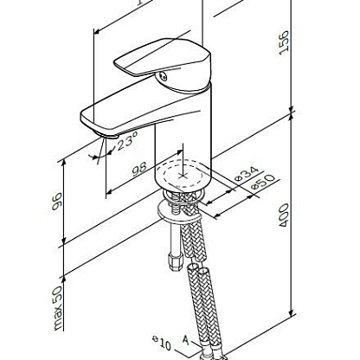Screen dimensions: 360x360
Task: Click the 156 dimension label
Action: (284, 42)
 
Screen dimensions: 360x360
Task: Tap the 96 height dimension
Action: (57, 201)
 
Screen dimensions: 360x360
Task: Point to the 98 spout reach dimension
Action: (139, 169)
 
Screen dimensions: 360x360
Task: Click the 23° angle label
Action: (127, 140)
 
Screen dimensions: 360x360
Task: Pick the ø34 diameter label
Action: (247, 174)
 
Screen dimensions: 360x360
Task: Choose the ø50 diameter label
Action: (263, 183)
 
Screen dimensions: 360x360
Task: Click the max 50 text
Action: (58, 308)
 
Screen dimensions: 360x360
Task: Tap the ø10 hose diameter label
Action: (162, 343)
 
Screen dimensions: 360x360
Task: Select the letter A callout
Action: (186, 340)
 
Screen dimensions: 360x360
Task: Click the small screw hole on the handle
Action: (164, 77)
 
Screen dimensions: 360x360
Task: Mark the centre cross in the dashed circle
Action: (182, 176)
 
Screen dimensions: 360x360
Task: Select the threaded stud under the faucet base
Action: (174, 204)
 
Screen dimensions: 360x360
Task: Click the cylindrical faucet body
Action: (183, 138)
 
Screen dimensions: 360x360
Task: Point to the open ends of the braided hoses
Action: (199, 271)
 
